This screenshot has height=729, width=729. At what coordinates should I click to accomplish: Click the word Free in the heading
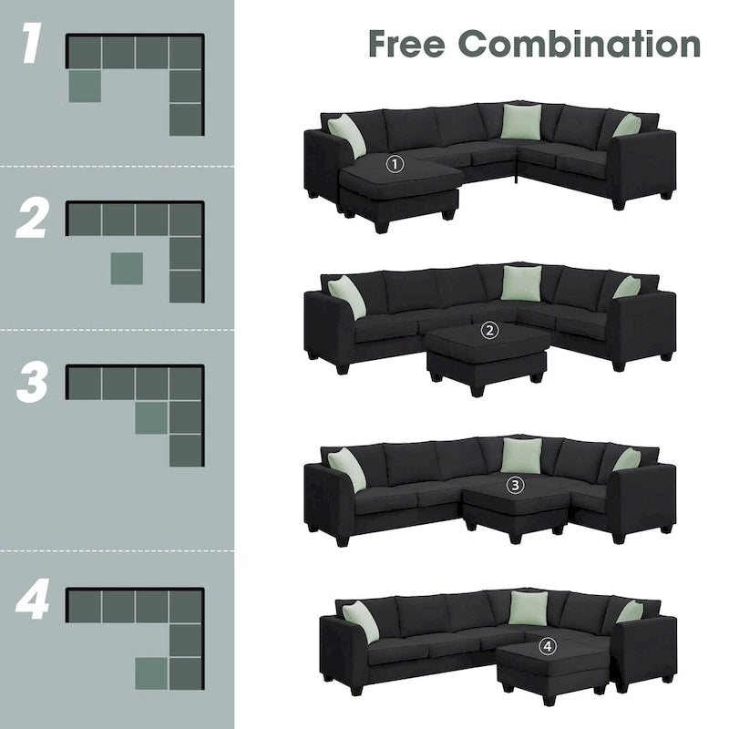click(406, 43)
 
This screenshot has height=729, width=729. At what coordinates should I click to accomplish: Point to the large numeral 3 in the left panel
click(32, 383)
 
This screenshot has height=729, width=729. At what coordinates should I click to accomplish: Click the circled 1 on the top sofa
click(395, 164)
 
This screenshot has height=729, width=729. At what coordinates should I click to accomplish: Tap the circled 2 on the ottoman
click(490, 331)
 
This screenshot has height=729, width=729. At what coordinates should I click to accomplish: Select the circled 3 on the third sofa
click(516, 485)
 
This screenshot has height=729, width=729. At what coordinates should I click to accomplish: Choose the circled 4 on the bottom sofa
click(547, 646)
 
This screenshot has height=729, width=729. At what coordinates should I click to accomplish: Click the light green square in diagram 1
click(84, 86)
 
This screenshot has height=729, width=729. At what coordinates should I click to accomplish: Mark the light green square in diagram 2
click(127, 268)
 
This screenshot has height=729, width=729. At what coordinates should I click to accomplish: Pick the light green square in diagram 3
click(151, 416)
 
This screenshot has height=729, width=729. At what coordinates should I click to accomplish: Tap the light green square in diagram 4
click(151, 673)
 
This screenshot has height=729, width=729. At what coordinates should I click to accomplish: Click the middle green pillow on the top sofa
click(520, 122)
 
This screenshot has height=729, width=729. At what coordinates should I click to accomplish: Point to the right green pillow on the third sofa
click(626, 459)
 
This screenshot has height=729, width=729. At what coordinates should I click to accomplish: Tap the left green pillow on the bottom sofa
click(360, 621)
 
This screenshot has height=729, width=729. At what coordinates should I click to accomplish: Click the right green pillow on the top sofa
click(627, 125)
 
